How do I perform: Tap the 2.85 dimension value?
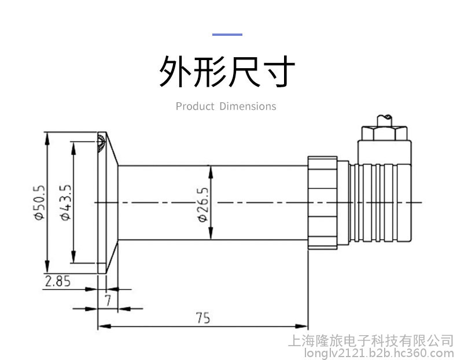point(58,281)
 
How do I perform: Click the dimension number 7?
point(108,300)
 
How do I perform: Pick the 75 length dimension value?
point(202,318)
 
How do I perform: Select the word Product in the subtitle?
point(194,106)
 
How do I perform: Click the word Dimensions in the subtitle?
point(248,106)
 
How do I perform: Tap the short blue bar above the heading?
point(227,35)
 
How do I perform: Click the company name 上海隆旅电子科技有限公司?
point(370,340)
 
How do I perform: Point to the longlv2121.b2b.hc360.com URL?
point(370,352)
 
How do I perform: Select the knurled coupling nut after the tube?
point(322,202)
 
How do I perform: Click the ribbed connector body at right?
point(382,202)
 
